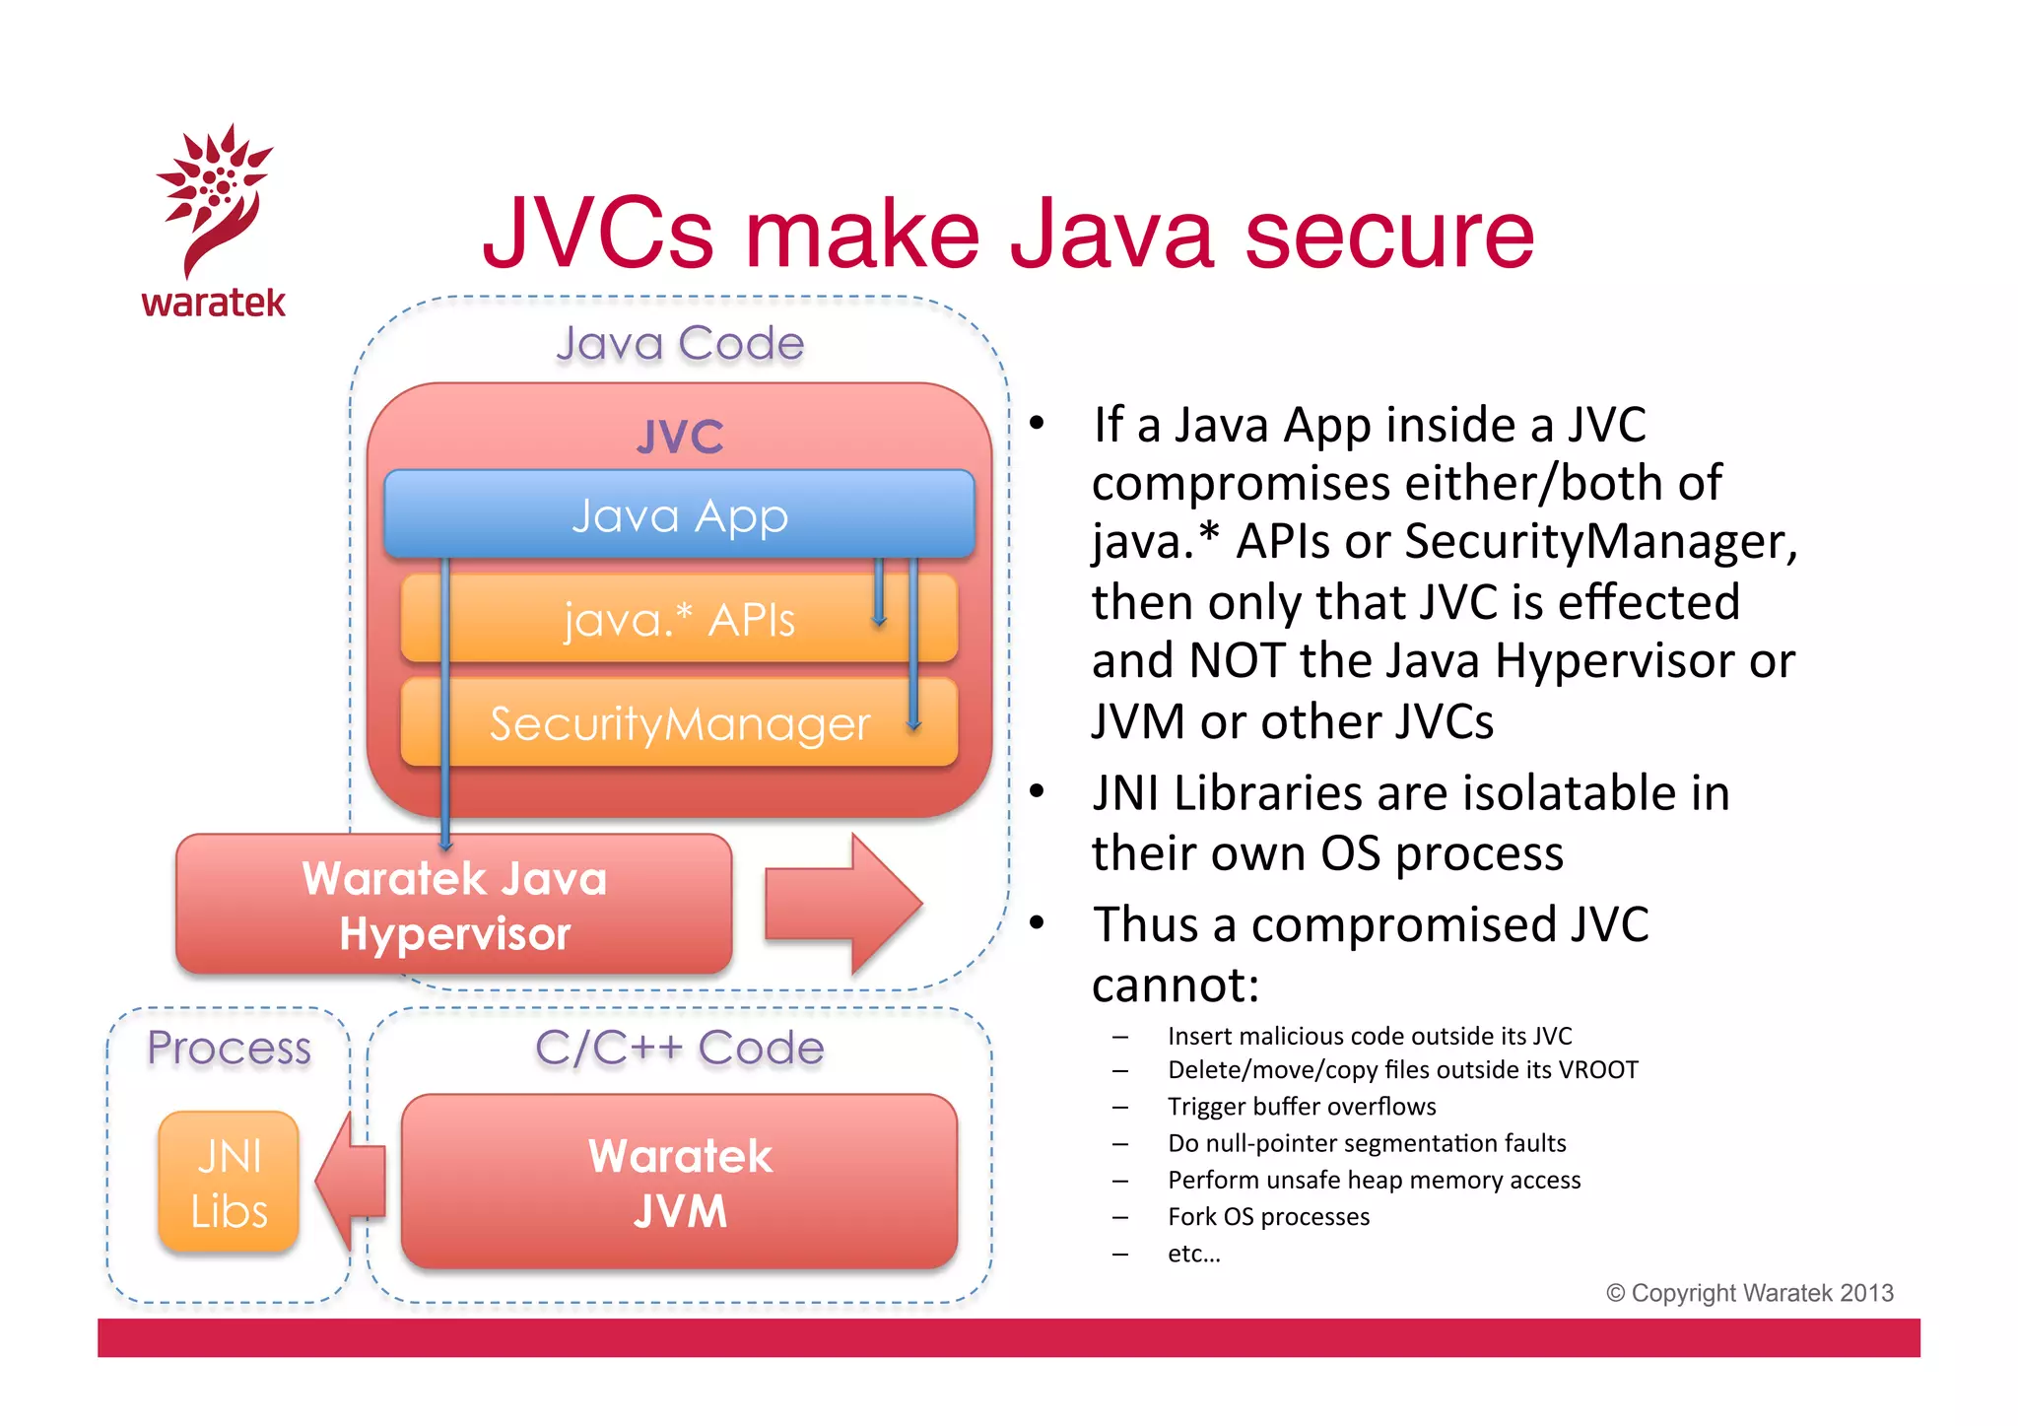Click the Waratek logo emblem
click(214, 197)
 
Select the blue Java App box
click(679, 514)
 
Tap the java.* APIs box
click(679, 619)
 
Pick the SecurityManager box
click(679, 723)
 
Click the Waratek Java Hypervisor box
click(453, 905)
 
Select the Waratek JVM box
click(679, 1182)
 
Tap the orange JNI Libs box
click(229, 1183)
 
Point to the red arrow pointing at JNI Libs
click(350, 1182)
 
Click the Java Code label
click(680, 343)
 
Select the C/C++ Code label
click(679, 1047)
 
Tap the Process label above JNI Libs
click(229, 1047)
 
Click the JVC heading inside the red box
click(680, 437)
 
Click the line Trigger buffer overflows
click(1301, 1107)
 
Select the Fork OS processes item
click(1268, 1217)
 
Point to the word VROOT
click(1597, 1070)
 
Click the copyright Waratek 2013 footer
click(1750, 1293)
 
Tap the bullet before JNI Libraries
click(1037, 791)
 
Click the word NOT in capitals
click(1238, 660)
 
